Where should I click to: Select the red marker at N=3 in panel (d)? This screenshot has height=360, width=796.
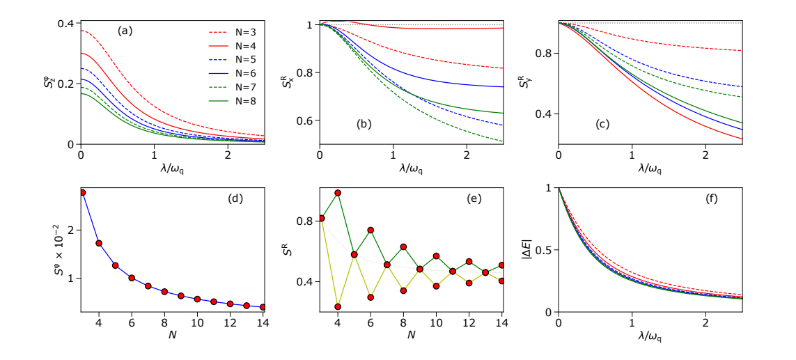82,193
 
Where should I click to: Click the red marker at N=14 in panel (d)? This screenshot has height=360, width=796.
263,307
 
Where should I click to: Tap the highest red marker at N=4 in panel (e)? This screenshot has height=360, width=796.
337,193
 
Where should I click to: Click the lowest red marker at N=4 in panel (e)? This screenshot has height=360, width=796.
337,306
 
